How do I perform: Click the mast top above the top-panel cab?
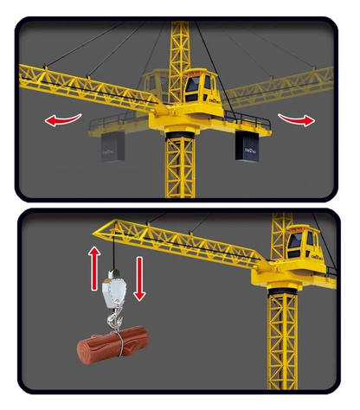pyautogui.click(x=183, y=35)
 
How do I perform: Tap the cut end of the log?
pyautogui.click(x=85, y=354)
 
